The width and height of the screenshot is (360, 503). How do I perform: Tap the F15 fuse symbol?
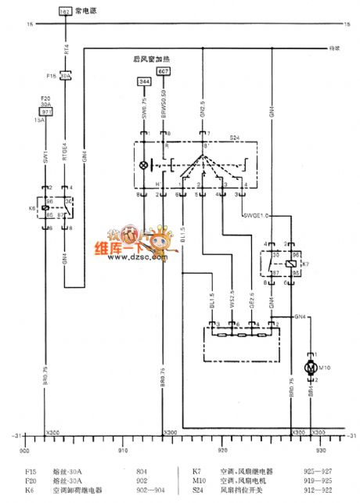(66, 76)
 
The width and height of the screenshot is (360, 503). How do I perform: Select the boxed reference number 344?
(143, 81)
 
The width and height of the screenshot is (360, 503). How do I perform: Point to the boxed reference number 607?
(163, 71)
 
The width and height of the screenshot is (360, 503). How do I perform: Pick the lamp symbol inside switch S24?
(142, 167)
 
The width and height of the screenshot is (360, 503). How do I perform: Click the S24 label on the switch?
(234, 138)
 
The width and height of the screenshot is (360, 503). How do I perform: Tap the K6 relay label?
(31, 210)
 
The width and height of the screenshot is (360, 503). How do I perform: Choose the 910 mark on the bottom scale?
(121, 451)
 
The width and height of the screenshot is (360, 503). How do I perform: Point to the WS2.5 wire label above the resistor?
(231, 300)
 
